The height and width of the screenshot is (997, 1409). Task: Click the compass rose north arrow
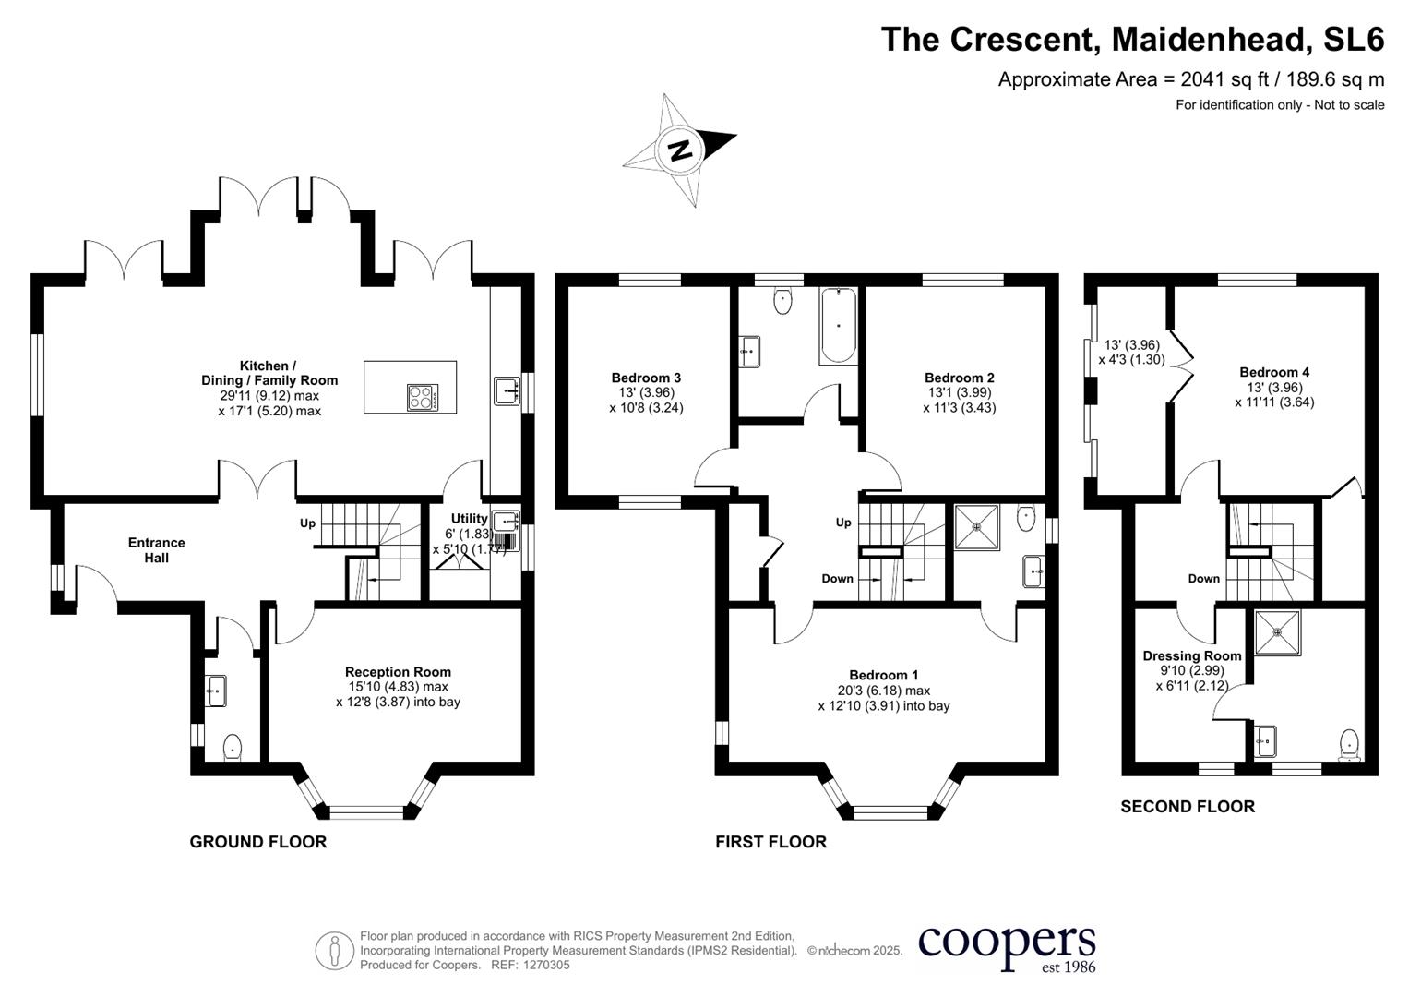pos(681,150)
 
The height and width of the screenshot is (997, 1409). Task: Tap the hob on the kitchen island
pos(424,397)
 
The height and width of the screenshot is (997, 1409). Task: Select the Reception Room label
pos(398,672)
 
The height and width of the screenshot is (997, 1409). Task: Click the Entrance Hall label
pos(156,550)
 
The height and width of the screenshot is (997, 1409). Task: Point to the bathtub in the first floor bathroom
pos(838,325)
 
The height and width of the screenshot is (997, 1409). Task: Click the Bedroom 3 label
pos(646,378)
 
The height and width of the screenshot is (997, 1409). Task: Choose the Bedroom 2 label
pos(959,378)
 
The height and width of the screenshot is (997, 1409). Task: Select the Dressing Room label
pos(1191,655)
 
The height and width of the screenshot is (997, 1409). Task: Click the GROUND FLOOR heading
pos(257,842)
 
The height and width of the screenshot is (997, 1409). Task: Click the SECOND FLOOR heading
pos(1188,807)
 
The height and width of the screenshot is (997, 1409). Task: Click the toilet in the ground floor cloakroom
pos(233,746)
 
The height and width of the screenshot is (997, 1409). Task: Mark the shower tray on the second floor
pos(1277,632)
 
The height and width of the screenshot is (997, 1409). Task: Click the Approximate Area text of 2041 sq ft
pos(1190,79)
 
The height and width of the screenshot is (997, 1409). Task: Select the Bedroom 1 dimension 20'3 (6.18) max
pos(883,691)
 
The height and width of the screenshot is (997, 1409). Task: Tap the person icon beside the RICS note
pos(334,951)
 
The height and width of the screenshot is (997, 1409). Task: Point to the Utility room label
pos(469,519)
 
